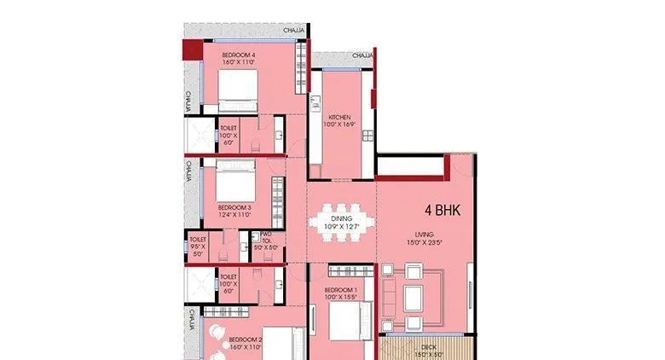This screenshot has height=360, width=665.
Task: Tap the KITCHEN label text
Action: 340,118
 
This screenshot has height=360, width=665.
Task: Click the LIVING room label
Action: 425,235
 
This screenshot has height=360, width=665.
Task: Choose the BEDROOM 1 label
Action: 340,290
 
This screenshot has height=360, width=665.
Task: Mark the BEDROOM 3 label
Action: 234,207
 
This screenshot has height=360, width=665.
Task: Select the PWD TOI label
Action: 266,236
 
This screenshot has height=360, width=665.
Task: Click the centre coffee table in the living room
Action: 413,296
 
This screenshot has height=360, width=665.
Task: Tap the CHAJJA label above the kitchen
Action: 361,56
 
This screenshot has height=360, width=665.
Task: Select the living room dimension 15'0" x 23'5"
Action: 425,242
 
